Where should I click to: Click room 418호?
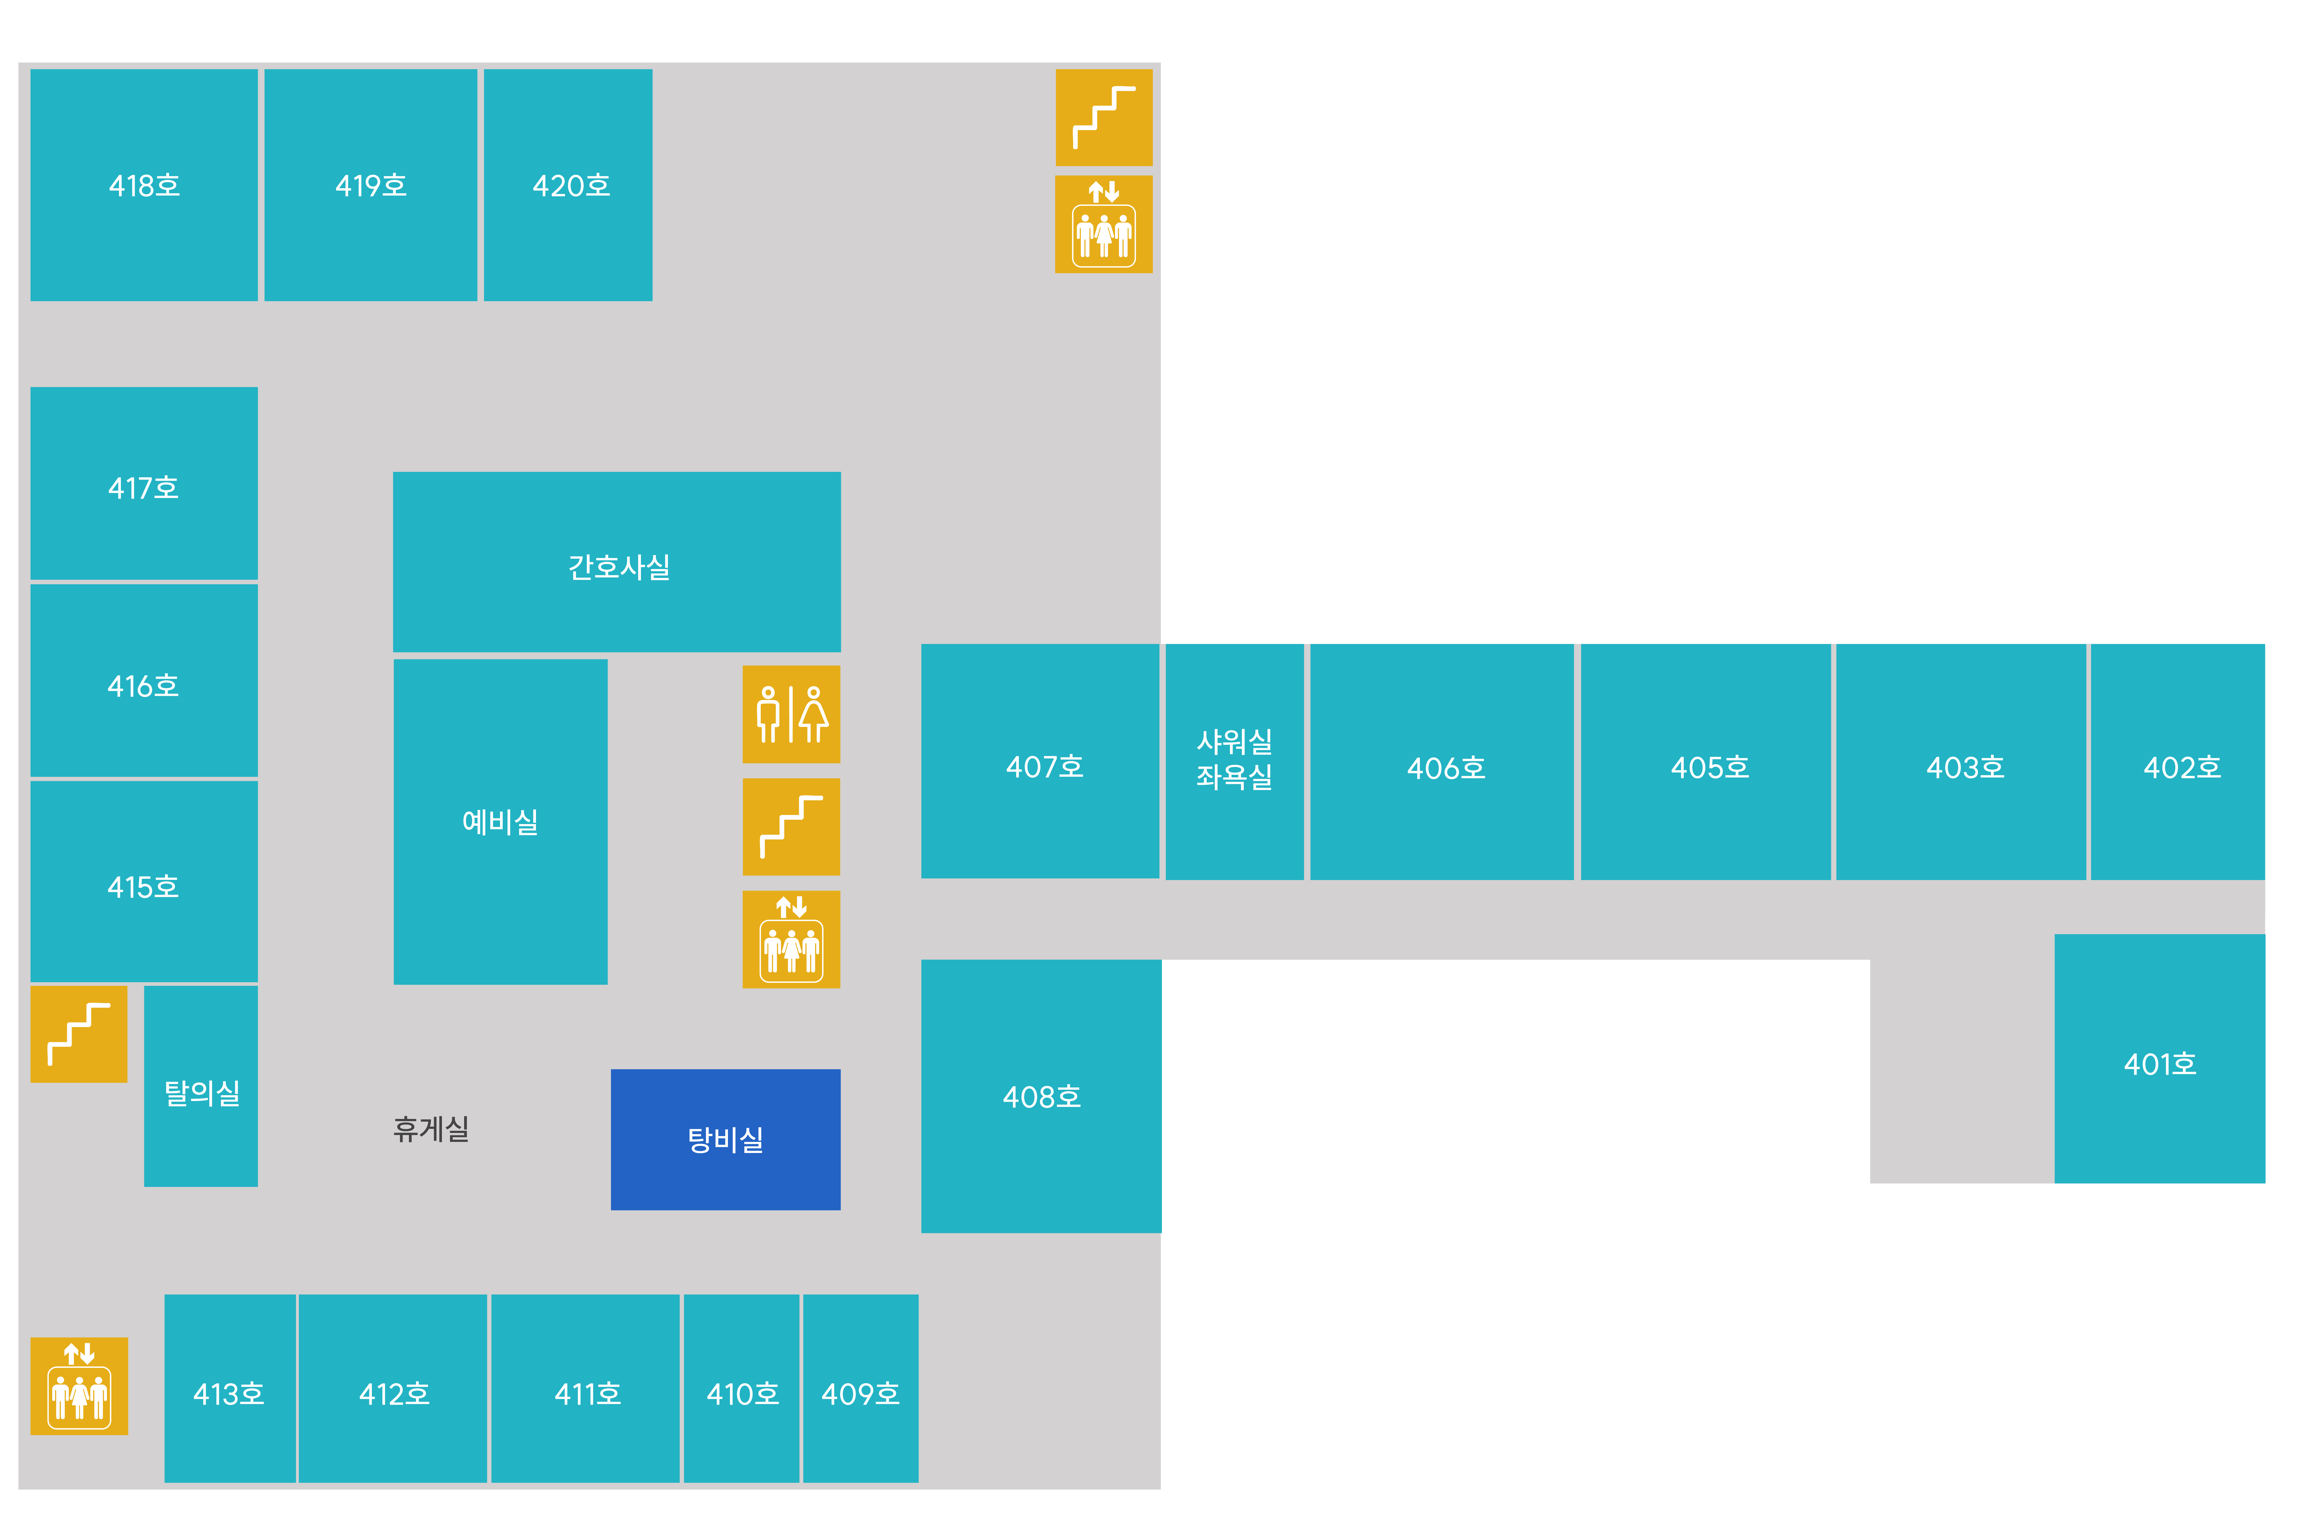(144, 185)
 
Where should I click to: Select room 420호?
(568, 185)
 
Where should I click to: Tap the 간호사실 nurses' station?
(617, 562)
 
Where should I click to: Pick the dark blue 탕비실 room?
(726, 1140)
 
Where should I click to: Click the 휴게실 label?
(431, 1129)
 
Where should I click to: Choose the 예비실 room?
(501, 822)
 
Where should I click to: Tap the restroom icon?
(792, 715)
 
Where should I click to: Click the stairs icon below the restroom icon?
(792, 827)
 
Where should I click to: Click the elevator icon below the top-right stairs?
(1104, 225)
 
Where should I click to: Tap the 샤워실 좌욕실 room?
(1234, 762)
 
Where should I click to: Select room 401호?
(2159, 1059)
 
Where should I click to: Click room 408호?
(1042, 1096)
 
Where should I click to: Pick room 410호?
(742, 1389)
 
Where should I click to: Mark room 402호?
(2178, 762)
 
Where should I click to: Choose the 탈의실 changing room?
(201, 1086)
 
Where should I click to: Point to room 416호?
(144, 681)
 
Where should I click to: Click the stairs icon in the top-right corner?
(1104, 118)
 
